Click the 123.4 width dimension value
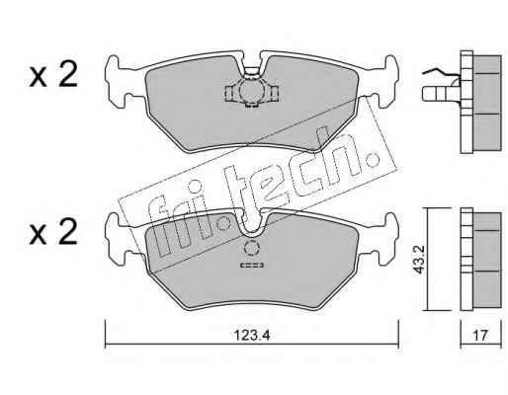pos(252,336)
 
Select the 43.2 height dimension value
pos(419,259)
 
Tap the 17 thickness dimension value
pos(480,336)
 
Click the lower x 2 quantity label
pos(53,232)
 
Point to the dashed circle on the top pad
pos(251,91)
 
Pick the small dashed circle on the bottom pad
pos(252,248)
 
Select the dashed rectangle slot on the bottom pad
pos(252,265)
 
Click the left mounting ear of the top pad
pos(116,82)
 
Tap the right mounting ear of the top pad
pos(388,82)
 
